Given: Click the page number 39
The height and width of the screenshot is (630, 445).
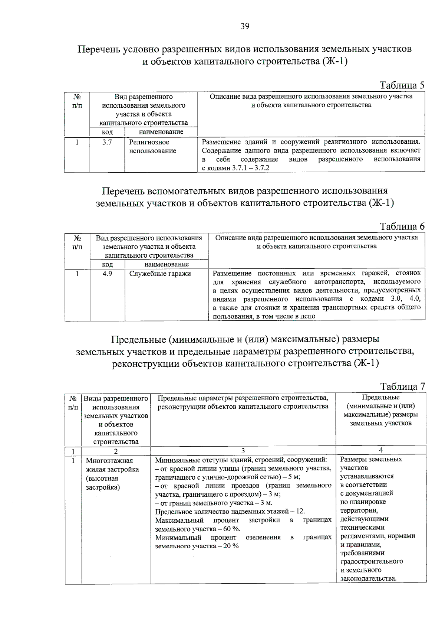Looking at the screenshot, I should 245,26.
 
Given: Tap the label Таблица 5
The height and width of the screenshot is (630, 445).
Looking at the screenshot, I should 402,85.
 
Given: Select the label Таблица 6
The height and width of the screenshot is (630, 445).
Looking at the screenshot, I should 402,226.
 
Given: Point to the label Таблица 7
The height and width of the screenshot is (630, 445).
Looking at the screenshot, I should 402,386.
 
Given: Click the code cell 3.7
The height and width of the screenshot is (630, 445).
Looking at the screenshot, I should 107,142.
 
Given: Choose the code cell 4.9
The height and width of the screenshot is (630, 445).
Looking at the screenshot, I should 107,274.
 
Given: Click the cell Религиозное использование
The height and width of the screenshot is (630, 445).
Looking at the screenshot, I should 152,147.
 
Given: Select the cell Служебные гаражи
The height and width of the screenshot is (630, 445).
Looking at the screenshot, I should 160,274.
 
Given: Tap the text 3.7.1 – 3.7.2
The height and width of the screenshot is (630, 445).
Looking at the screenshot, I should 251,168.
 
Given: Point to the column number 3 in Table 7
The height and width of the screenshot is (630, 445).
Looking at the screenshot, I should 243,451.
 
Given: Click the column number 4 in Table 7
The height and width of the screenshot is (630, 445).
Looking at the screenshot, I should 380,450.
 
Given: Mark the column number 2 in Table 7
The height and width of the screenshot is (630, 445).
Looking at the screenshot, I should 116,451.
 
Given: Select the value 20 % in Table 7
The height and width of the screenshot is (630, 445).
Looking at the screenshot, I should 231,546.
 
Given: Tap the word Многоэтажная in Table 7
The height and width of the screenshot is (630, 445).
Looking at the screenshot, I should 109,461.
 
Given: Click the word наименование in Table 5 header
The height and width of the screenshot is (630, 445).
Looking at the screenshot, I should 161,132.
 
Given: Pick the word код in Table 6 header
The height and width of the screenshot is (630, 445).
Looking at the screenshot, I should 107,264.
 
